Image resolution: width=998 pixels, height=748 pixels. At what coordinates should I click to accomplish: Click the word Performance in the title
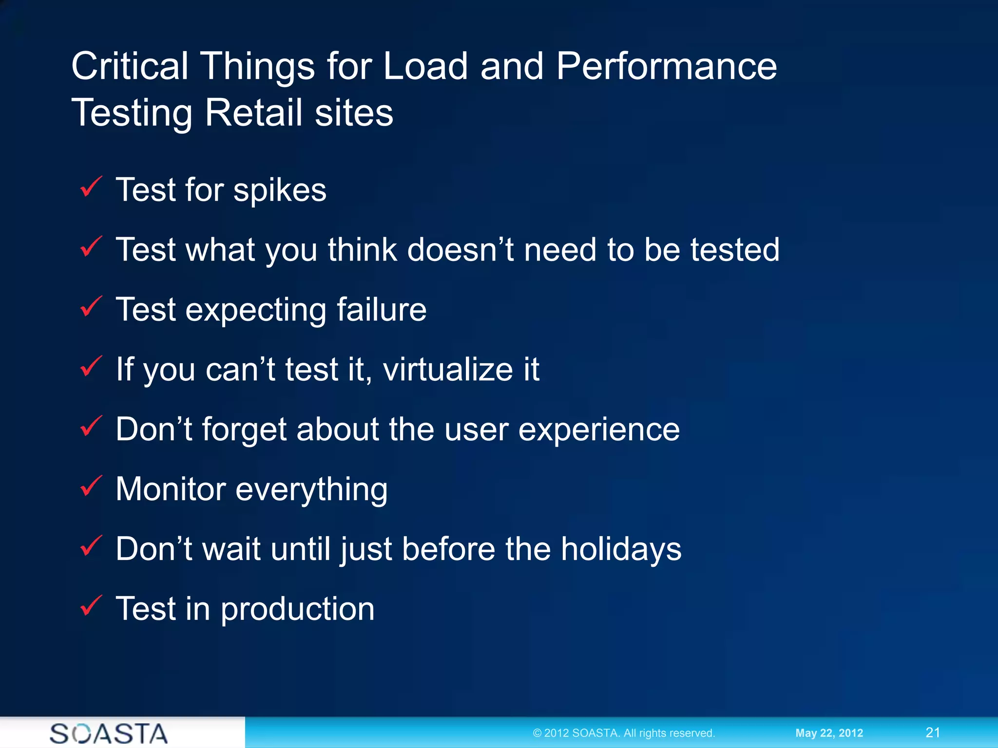tap(666, 67)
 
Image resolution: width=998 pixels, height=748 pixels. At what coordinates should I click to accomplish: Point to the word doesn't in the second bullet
tap(460, 250)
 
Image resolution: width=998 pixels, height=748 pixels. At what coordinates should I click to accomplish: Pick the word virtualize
tap(448, 369)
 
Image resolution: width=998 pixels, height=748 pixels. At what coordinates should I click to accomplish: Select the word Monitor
tap(171, 489)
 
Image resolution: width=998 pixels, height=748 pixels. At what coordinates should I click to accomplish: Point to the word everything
tap(311, 490)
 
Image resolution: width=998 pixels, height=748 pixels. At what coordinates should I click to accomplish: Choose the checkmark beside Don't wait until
tap(91, 546)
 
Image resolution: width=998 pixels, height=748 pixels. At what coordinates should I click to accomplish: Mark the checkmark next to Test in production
tap(91, 606)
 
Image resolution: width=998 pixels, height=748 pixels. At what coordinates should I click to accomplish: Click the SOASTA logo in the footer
tap(109, 733)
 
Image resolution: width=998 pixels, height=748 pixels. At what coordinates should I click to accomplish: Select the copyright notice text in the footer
tap(623, 733)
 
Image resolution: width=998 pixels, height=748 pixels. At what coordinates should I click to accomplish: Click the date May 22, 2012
tap(829, 733)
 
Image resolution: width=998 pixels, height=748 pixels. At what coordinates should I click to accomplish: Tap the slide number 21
tap(933, 732)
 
